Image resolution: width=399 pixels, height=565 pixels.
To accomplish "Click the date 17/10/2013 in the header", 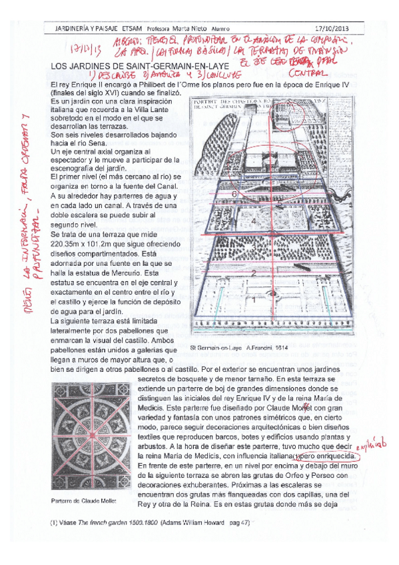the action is (x=348, y=29).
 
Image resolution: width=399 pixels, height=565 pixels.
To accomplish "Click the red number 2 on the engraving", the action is (x=254, y=273).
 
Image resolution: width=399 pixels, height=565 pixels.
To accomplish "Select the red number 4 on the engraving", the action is (x=253, y=219).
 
